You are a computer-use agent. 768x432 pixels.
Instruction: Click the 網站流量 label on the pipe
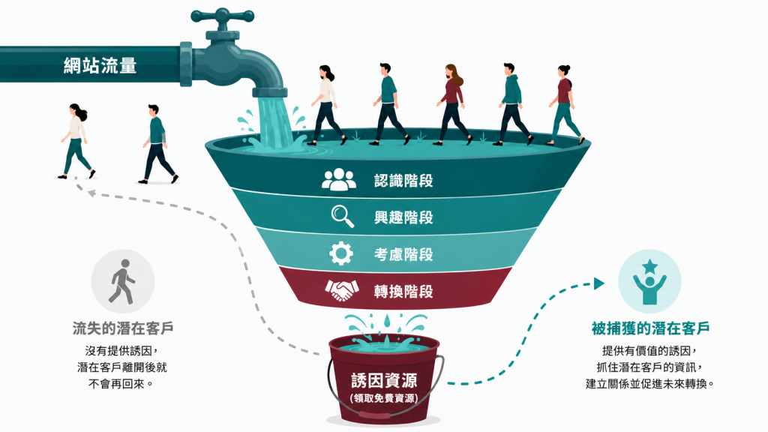click(x=100, y=65)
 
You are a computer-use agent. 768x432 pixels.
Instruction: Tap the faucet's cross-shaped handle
click(x=222, y=16)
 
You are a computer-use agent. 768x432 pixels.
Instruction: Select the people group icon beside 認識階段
click(x=339, y=180)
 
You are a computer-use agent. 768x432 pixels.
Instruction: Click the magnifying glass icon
click(x=342, y=217)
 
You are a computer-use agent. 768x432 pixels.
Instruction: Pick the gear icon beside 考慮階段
click(x=341, y=253)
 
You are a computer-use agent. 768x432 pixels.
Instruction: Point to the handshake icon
click(x=341, y=290)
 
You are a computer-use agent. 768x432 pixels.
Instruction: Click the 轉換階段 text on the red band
click(x=403, y=292)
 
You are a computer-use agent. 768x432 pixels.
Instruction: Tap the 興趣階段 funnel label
click(x=403, y=217)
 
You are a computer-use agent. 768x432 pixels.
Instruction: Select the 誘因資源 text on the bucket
click(x=384, y=380)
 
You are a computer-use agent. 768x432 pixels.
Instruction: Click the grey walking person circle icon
click(x=123, y=282)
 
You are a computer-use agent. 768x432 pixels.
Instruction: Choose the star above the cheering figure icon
click(x=650, y=267)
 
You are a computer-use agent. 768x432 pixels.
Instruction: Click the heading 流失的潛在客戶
click(x=123, y=328)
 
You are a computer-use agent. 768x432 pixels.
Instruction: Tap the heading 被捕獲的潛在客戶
click(x=650, y=328)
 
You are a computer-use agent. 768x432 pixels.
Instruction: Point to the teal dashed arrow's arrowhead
click(x=599, y=283)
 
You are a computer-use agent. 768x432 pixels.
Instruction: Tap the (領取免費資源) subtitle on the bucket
click(x=384, y=397)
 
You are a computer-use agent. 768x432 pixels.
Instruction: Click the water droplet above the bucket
click(x=387, y=320)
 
